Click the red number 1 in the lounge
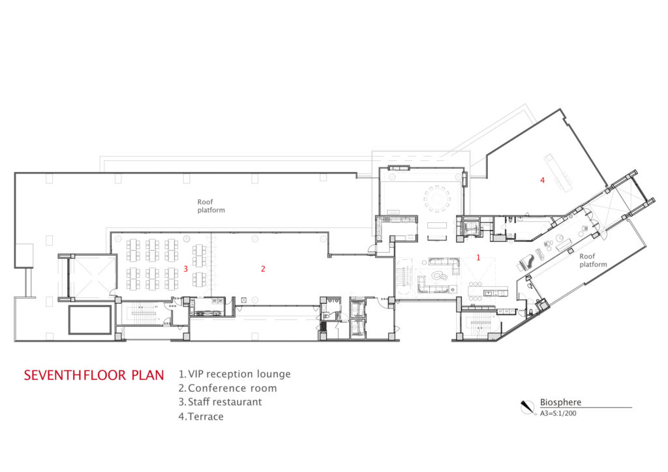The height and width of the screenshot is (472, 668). (478, 258)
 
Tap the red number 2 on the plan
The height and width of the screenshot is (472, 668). (263, 269)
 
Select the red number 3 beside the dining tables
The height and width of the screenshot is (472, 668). (186, 269)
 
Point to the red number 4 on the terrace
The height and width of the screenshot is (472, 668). (542, 181)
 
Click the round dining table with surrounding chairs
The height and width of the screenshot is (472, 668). (436, 199)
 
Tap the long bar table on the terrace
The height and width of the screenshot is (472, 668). (558, 171)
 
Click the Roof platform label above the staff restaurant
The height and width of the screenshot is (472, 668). (211, 206)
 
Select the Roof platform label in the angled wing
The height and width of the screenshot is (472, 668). (593, 260)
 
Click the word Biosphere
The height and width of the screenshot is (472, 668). (560, 402)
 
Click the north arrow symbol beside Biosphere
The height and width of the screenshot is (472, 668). (526, 407)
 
